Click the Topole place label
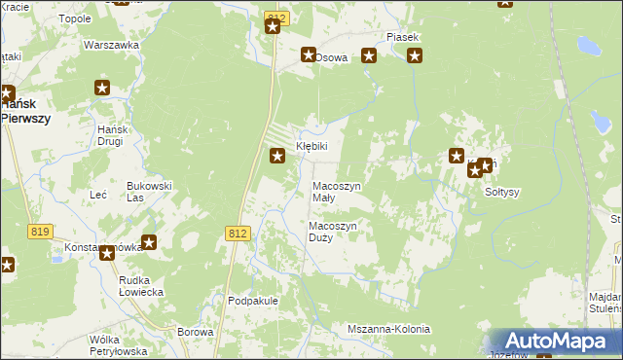(x=74, y=18)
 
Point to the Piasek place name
(x=402, y=37)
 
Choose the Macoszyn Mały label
(x=336, y=192)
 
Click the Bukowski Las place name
(x=149, y=191)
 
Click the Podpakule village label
(x=253, y=302)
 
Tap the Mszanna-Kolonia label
(x=388, y=330)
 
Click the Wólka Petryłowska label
(x=117, y=344)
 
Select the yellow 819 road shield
(x=40, y=232)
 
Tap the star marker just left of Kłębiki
(x=277, y=155)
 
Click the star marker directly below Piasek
(x=415, y=56)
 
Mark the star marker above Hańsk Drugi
(x=102, y=89)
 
